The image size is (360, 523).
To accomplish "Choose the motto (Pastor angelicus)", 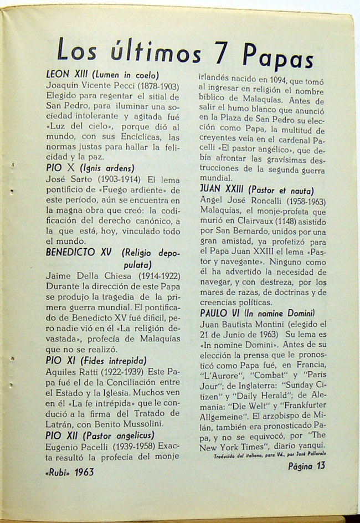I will (117, 435).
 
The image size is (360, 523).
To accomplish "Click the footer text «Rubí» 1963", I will (70, 472).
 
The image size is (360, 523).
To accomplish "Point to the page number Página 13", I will (306, 465).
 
